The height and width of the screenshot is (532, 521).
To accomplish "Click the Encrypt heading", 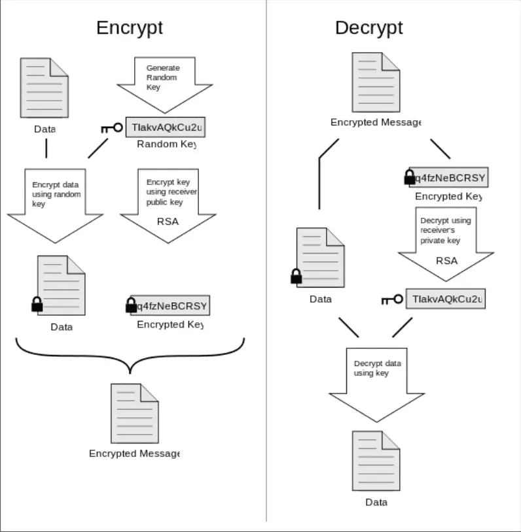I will coord(130,27).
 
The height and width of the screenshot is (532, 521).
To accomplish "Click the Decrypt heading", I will coord(368,27).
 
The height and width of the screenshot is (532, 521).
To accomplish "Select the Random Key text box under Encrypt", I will coord(165,127).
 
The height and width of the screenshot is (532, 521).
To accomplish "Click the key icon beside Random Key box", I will coord(112,128).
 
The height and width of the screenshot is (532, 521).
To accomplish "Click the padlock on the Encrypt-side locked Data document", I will coord(37,304).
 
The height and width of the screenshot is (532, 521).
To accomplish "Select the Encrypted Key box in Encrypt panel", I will coord(170,305).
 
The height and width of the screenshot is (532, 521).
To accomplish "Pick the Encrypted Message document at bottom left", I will coord(134,413).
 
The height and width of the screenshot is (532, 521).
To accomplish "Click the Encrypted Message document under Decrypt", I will coord(376,82).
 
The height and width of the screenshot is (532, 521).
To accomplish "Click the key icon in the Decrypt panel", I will coord(392,299).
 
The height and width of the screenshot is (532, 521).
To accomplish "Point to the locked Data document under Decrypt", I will coord(320,258).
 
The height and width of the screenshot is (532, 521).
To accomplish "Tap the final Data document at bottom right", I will coord(376,460).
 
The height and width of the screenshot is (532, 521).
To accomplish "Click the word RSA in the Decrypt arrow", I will coord(446,260).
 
